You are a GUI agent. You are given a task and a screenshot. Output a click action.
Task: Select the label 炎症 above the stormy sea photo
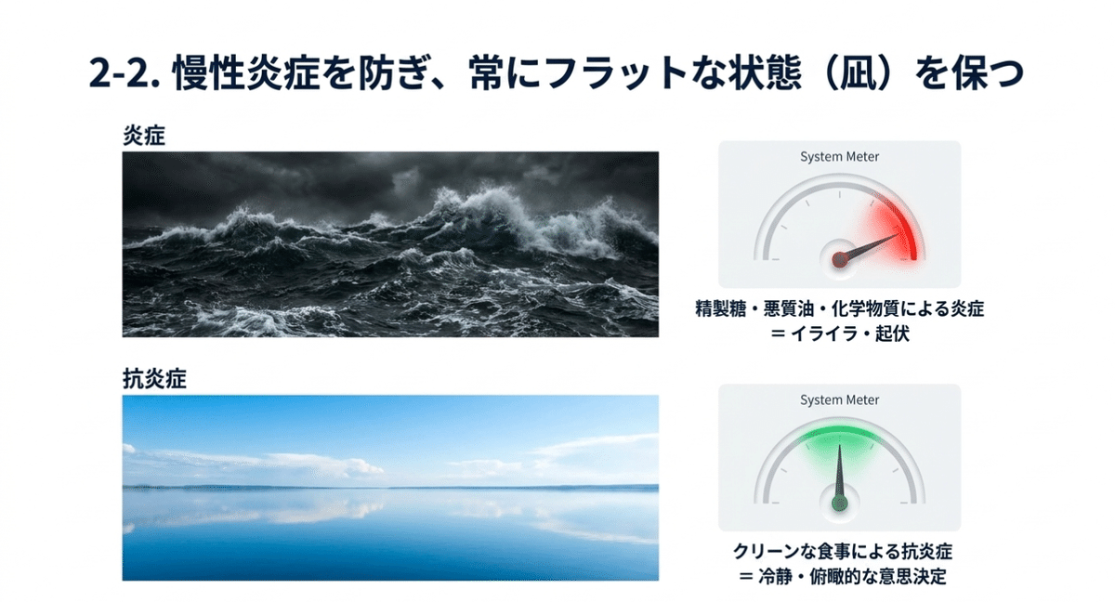(144, 135)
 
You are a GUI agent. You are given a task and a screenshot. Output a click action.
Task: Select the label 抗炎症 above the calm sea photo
(154, 379)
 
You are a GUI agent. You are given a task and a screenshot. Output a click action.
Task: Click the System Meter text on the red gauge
(839, 157)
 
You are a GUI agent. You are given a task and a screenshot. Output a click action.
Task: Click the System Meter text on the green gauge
(839, 400)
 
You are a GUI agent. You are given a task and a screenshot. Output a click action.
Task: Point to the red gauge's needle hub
(840, 258)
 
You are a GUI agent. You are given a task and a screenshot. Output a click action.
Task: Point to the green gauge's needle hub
(840, 503)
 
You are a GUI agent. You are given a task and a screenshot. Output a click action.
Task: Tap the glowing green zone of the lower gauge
(839, 440)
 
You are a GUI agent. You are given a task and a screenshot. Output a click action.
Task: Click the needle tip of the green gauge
(840, 444)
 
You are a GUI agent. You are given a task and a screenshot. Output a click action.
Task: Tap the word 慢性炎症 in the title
(245, 73)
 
